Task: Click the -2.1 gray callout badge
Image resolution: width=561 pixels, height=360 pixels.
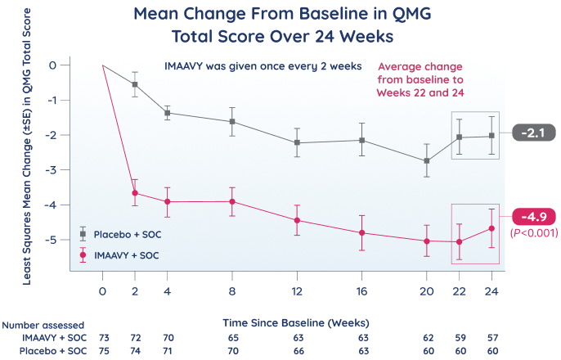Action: (x=533, y=133)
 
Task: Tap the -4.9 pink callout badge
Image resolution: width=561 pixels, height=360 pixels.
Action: (x=533, y=217)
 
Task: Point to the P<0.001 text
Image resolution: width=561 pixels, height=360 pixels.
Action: (x=533, y=232)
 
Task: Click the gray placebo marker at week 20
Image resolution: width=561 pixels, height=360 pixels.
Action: (x=427, y=160)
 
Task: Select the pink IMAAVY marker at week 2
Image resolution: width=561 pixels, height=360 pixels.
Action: (x=134, y=193)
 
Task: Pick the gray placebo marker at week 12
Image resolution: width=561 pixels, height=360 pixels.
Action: (x=297, y=142)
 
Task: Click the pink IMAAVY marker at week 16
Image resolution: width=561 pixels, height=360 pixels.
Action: (x=361, y=233)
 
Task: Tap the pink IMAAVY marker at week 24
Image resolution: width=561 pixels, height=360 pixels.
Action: (x=491, y=228)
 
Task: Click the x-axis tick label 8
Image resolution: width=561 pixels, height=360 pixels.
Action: (x=232, y=291)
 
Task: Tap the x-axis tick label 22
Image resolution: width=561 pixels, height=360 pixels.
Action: (x=460, y=291)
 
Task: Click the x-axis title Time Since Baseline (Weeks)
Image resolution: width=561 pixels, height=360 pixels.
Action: (x=296, y=323)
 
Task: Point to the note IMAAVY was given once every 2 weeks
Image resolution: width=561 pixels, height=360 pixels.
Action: (x=263, y=66)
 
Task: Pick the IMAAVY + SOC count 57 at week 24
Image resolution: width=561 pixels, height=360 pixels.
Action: (x=491, y=337)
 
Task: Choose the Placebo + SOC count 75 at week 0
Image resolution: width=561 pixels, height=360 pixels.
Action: (x=102, y=349)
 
